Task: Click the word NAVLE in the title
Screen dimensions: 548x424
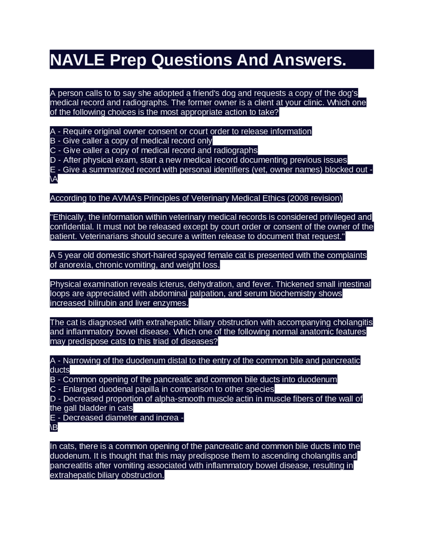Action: tap(77, 60)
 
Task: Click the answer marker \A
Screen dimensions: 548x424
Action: tap(54, 179)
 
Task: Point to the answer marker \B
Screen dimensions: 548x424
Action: tap(54, 428)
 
